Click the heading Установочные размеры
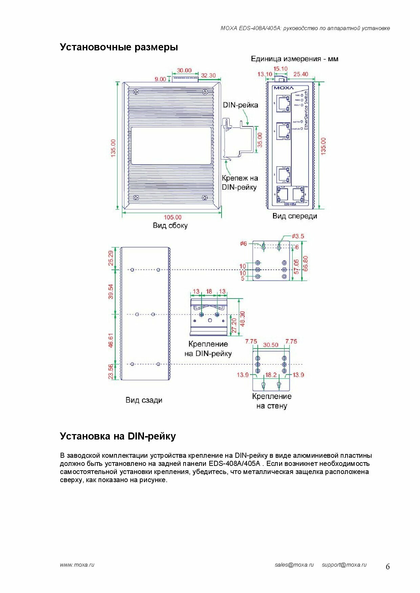119,47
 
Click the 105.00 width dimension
172,217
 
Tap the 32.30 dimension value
208,75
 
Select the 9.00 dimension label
160,79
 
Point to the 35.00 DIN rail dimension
260,140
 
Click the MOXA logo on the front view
283,88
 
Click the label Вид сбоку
170,226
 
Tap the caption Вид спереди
295,216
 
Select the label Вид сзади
144,400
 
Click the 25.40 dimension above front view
301,74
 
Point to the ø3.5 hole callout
298,236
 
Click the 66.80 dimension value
306,263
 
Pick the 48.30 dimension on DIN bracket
242,319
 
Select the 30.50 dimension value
271,345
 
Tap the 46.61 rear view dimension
111,340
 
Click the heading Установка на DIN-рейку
118,436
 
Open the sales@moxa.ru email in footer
294,565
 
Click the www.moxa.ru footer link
77,565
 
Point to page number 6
388,567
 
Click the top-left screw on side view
136,92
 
